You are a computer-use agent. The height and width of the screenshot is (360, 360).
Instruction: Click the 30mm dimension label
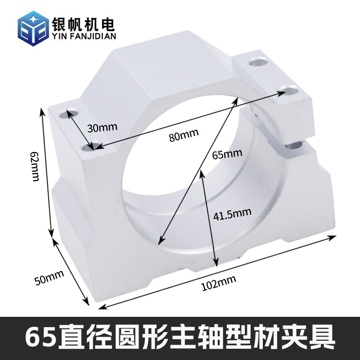pos(102,127)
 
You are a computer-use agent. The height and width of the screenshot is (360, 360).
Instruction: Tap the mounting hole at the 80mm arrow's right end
pos(290,90)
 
